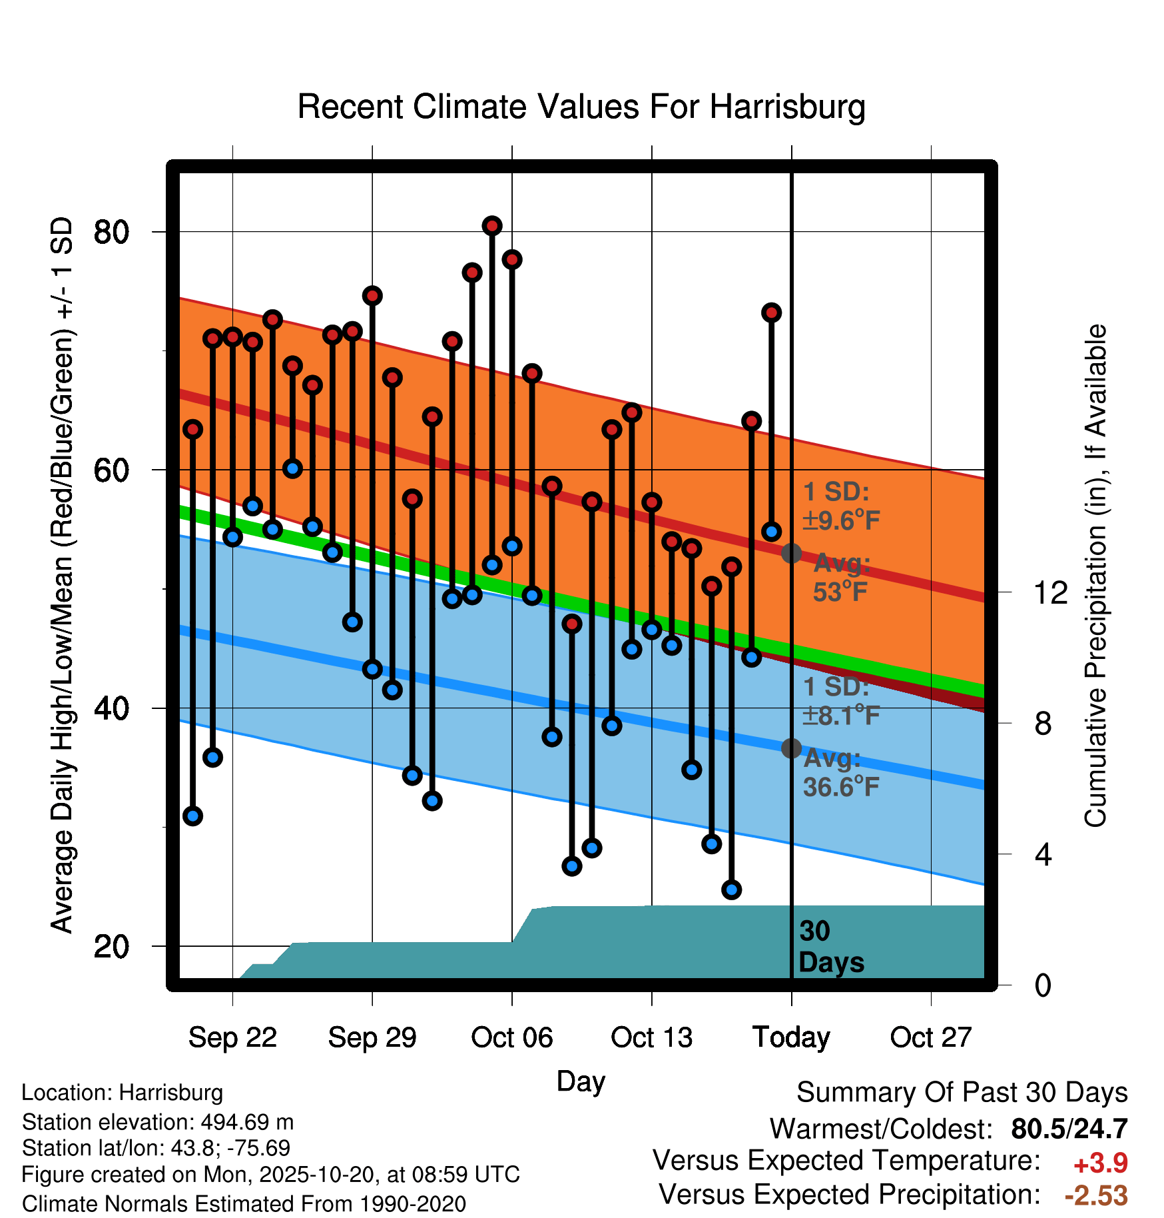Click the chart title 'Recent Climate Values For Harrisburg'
(581, 107)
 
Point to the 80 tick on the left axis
(111, 232)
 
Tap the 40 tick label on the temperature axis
(111, 708)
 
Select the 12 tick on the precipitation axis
(1050, 592)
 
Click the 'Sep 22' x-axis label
(232, 1037)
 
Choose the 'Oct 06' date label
(511, 1037)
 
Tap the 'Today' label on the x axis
(791, 1037)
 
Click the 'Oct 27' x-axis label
(931, 1037)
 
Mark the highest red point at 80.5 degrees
(492, 226)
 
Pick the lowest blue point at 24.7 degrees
(731, 890)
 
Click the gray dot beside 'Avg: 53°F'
(791, 553)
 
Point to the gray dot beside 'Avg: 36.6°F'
(791, 748)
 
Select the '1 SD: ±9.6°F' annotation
(841, 506)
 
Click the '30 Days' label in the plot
(830, 947)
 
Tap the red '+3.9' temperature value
(1100, 1163)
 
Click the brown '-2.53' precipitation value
(1096, 1195)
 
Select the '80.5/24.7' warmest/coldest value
(1069, 1129)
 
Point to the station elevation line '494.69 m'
(158, 1122)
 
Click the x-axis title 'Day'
(581, 1081)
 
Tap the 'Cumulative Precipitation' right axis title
(1095, 576)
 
